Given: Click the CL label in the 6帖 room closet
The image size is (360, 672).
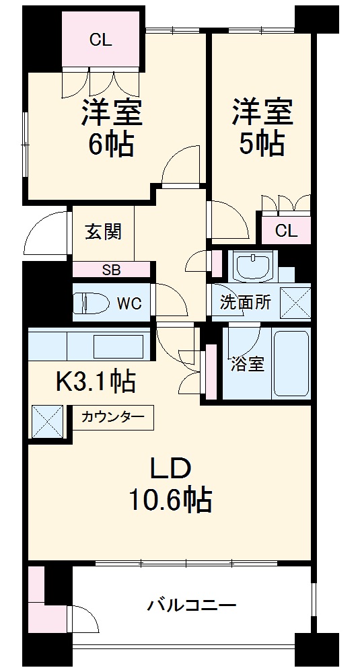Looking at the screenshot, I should pyautogui.click(x=101, y=40).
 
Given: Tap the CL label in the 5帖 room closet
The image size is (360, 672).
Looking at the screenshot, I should pyautogui.click(x=286, y=231).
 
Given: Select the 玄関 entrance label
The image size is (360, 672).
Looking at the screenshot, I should pyautogui.click(x=103, y=232).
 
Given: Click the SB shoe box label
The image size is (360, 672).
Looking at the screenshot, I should pyautogui.click(x=111, y=270).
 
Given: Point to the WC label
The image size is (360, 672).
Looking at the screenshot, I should pyautogui.click(x=129, y=303).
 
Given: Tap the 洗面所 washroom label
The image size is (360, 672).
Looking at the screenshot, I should pyautogui.click(x=246, y=303).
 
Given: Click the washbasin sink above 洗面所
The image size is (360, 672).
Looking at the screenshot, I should pyautogui.click(x=253, y=266).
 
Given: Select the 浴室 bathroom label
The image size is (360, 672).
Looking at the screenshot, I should pyautogui.click(x=247, y=364).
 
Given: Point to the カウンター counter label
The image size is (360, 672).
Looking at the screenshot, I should pyautogui.click(x=112, y=417).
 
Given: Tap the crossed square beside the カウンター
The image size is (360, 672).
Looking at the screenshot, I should pyautogui.click(x=47, y=421).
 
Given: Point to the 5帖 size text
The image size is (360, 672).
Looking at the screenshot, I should pyautogui.click(x=262, y=143).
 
